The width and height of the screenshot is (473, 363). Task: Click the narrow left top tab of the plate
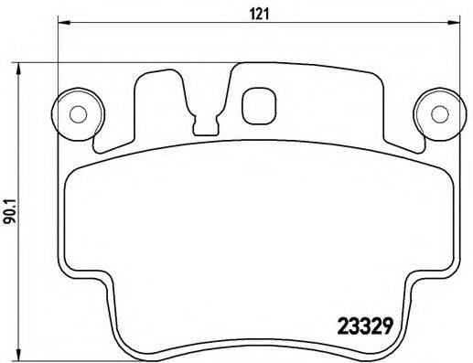click(x=148, y=91)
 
